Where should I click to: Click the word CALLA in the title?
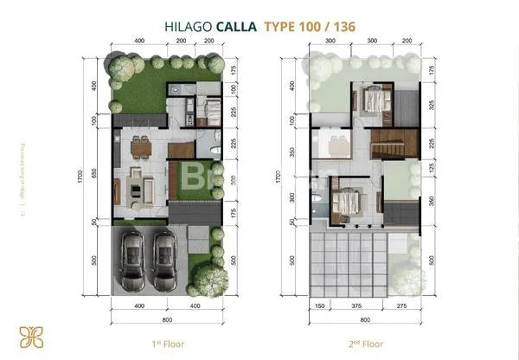[235, 25]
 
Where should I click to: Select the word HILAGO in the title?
[189, 25]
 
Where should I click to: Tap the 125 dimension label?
[430, 169]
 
